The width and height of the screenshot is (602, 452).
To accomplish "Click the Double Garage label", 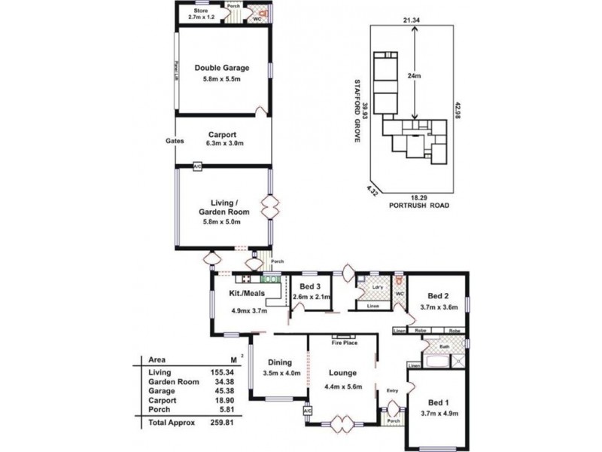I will point(222,68).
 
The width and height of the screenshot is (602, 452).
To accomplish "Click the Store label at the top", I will point(200,11).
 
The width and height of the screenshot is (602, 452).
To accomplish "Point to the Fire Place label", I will point(343,342).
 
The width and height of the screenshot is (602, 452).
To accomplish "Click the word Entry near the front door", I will point(392,390).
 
